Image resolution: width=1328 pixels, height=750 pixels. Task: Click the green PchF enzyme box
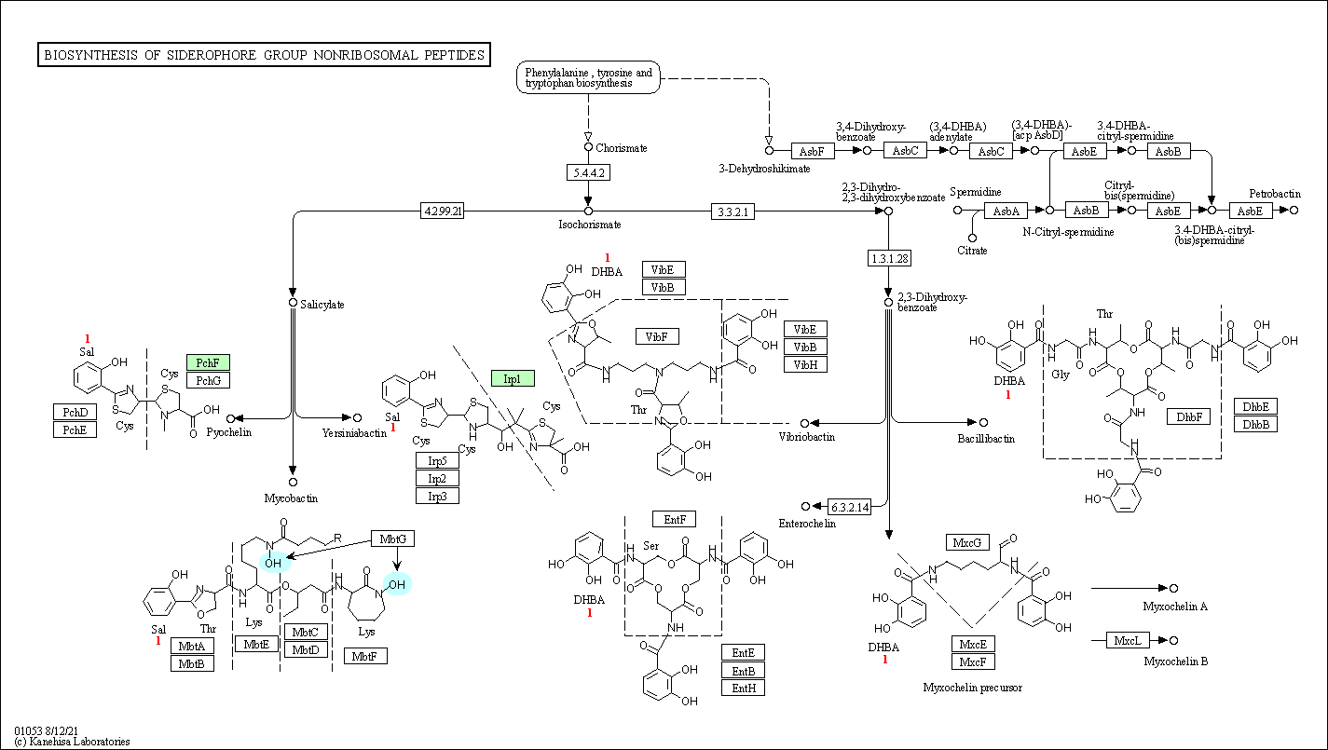coord(208,362)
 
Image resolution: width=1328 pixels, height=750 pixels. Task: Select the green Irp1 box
coord(513,378)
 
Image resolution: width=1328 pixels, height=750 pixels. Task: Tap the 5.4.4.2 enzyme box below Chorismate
coord(588,172)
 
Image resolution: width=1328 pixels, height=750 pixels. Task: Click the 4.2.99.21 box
coord(443,211)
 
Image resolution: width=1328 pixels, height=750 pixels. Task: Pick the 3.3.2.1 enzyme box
coord(732,211)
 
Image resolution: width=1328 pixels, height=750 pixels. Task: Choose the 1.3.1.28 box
coord(889,258)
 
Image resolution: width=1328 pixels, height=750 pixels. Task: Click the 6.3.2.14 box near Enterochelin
coord(850,507)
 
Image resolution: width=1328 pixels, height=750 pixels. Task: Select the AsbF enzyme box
coord(813,151)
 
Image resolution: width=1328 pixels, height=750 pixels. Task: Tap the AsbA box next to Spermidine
coord(1006,211)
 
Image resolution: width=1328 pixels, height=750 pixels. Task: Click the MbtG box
coord(393,539)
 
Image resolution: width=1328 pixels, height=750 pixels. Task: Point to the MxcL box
coord(1128,640)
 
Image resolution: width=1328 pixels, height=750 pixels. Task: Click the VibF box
coord(657,336)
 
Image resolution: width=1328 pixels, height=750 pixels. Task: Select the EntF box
coord(675,519)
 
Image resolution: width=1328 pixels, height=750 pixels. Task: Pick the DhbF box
coord(1189,416)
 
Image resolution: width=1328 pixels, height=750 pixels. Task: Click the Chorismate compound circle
coord(588,147)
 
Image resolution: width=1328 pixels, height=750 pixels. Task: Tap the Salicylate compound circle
coord(293,303)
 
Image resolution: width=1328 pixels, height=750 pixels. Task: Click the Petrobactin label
coord(1275,193)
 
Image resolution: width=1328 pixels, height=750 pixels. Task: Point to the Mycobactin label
coord(291,498)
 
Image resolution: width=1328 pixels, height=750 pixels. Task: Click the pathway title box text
coord(265,55)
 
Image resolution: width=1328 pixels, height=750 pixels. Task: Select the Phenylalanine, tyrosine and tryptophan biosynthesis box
coord(588,77)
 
